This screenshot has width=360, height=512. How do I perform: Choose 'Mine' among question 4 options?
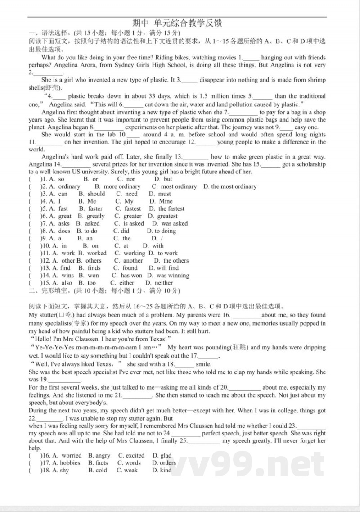coord(166,201)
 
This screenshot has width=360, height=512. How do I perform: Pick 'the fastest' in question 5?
coord(171,209)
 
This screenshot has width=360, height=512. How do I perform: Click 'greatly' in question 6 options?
coord(96,216)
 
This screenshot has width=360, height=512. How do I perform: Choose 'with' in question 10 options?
coord(157,246)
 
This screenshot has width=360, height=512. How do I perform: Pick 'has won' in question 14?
coord(131,276)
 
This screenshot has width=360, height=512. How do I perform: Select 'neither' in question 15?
coord(164,283)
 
